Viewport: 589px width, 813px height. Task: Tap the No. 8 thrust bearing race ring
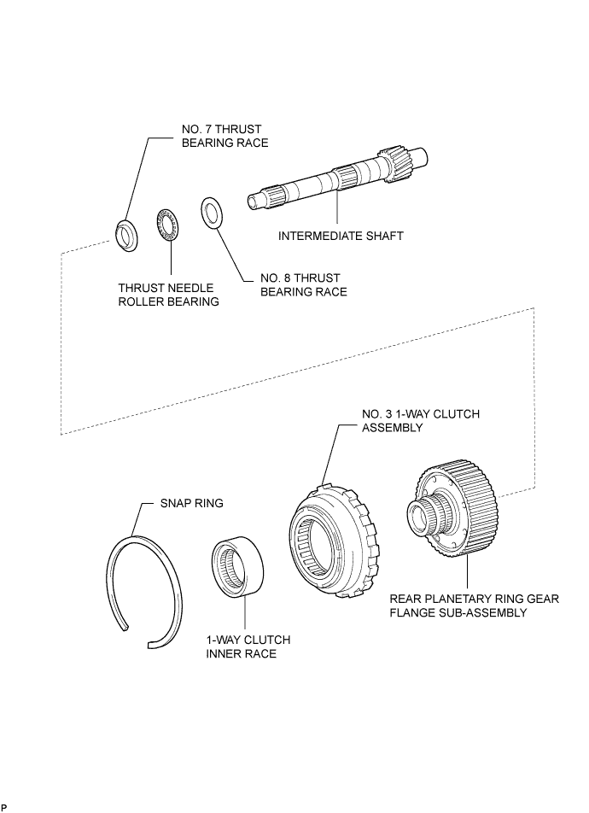212,213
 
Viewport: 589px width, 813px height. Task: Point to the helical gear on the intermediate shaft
395,163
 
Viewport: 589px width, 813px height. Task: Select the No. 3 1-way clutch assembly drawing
332,541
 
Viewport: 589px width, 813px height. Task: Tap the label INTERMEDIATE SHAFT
341,236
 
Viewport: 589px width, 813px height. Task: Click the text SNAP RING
192,503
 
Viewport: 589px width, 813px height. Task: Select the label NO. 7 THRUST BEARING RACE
225,136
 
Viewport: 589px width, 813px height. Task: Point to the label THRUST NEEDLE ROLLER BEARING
168,295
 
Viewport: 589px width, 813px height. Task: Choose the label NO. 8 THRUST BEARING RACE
303,285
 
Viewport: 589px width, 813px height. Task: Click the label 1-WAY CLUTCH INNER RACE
248,646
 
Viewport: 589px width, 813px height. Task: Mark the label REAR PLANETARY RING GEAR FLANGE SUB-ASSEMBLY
475,605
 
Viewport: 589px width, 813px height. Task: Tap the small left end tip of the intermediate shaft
252,200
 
